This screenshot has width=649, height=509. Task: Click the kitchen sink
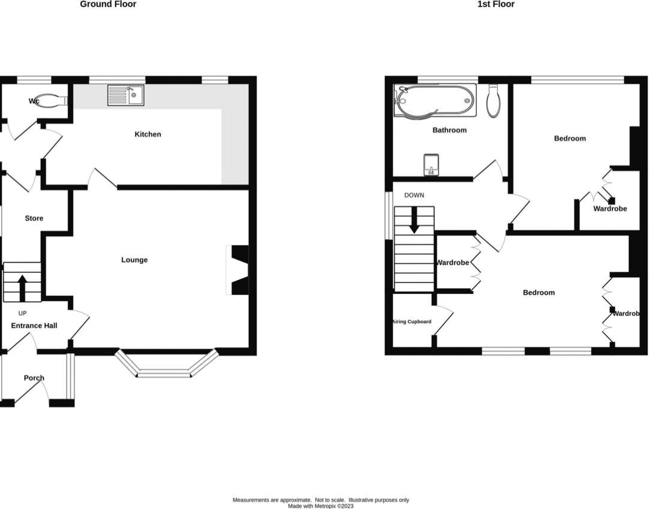[125, 95]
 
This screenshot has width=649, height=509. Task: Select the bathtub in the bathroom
[435, 100]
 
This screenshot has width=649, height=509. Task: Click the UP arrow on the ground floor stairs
[22, 287]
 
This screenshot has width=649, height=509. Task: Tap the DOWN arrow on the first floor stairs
[414, 220]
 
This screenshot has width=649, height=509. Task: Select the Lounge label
[134, 260]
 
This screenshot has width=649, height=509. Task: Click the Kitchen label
[148, 134]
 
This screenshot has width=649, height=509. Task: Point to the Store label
[34, 218]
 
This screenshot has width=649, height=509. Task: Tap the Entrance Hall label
[34, 326]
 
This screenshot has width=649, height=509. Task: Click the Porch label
[34, 378]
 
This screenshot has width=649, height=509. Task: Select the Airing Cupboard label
[411, 321]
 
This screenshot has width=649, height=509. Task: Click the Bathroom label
[449, 130]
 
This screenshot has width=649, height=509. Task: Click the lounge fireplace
[238, 270]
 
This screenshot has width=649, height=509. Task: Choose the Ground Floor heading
[108, 4]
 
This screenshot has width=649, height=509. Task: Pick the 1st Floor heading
[495, 4]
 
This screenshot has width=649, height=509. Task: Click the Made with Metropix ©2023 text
[320, 505]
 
